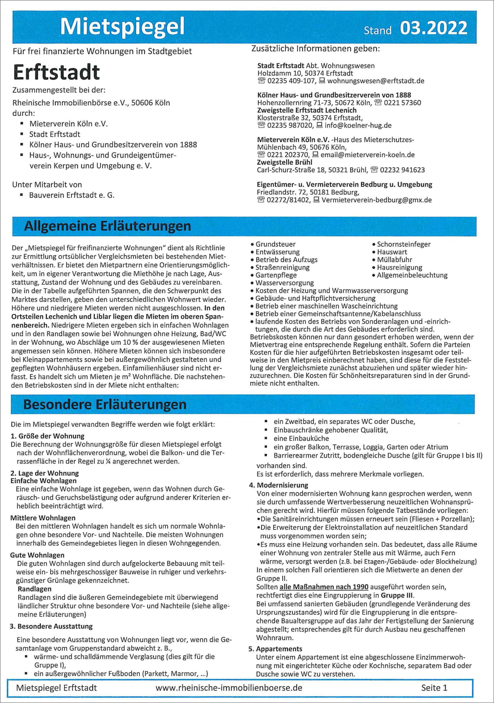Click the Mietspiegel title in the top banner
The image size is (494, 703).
[x=122, y=27]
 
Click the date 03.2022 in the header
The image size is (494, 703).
[x=433, y=28]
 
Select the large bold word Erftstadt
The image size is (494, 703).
[x=57, y=72]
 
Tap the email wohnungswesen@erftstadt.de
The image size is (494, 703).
[x=376, y=81]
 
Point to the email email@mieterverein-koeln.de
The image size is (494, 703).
[x=367, y=155]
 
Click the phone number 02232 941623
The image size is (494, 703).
[x=402, y=170]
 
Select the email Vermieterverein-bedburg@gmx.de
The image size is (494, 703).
[x=376, y=200]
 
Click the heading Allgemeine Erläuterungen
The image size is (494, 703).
[x=107, y=226]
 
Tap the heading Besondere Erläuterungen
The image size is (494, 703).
[x=105, y=404]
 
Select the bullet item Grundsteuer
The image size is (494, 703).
[x=275, y=244]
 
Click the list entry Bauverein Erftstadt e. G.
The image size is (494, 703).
[x=72, y=195]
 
